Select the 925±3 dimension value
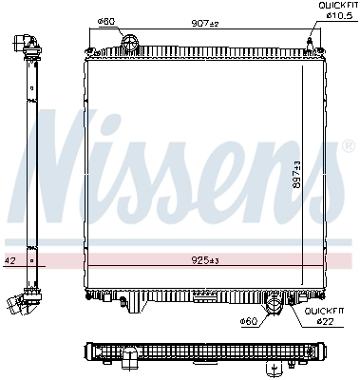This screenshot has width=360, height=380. pos(203,258)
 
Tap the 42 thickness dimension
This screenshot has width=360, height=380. pos(9,258)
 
